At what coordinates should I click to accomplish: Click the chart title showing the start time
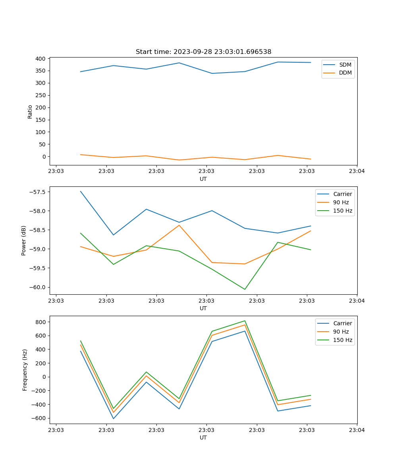click(203, 52)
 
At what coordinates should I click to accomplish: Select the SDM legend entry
click(345, 65)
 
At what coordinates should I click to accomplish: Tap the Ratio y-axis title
click(30, 111)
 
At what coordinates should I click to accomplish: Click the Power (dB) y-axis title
click(24, 240)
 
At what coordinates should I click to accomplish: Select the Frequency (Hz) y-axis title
click(25, 370)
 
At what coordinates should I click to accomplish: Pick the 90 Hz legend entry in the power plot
click(341, 202)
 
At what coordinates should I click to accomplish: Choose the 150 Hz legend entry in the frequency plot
click(343, 340)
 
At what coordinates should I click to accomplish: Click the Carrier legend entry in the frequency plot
click(343, 323)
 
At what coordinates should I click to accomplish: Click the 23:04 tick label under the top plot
click(357, 171)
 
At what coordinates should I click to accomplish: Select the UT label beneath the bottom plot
click(203, 438)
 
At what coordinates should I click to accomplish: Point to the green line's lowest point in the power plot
click(245, 289)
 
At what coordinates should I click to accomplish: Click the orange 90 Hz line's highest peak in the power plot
click(179, 225)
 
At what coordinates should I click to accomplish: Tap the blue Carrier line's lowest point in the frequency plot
click(114, 418)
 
